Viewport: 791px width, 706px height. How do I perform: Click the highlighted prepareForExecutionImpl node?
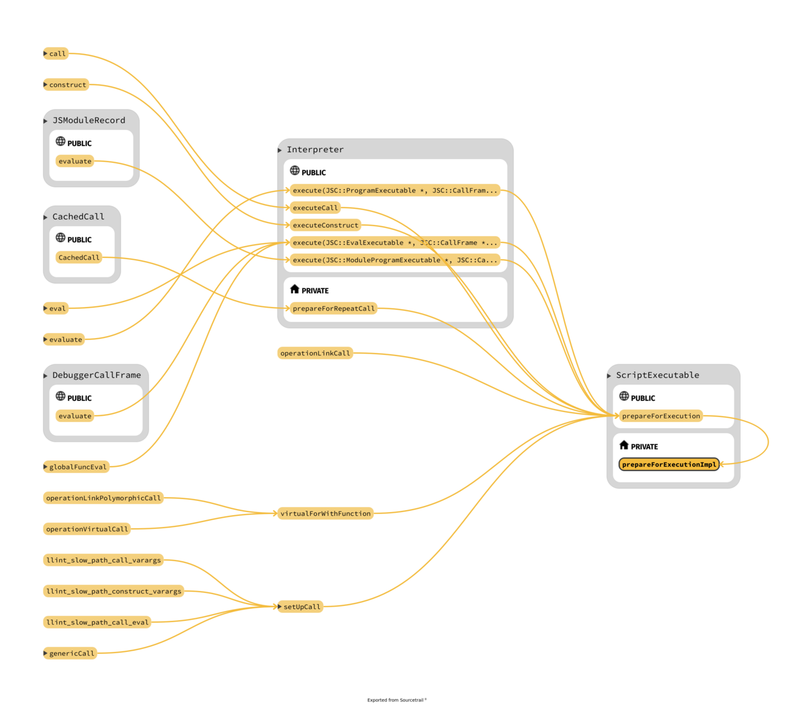669,464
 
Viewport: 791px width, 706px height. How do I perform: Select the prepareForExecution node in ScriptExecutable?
661,416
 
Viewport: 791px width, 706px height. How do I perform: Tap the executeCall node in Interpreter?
315,208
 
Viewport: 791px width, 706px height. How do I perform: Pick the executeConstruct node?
325,225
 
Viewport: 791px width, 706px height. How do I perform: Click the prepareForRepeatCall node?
334,308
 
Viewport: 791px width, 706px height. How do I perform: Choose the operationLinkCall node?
315,353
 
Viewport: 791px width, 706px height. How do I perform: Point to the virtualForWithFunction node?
325,513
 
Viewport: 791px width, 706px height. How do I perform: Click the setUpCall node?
301,607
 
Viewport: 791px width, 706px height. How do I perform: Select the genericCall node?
71,653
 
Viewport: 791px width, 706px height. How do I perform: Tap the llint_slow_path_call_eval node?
98,622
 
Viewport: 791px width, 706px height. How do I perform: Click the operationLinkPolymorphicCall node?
103,498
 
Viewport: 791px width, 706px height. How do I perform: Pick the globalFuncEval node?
78,467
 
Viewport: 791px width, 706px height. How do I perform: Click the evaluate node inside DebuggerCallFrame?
75,416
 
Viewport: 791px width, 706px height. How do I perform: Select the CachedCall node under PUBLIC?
78,257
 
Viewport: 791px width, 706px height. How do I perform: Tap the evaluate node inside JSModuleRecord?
75,161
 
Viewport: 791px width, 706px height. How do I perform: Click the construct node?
68,85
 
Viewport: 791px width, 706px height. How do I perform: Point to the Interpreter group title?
314,149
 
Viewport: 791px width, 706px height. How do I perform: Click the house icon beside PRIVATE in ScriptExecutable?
624,445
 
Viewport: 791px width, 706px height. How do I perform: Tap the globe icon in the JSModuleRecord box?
60,141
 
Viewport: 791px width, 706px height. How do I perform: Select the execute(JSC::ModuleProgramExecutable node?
395,260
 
